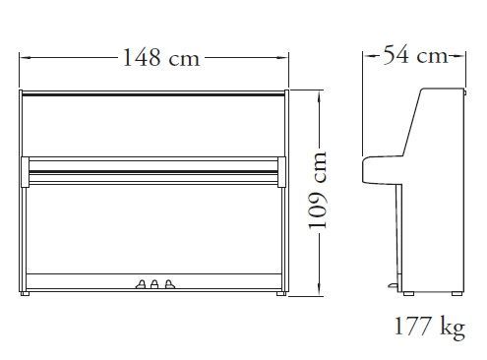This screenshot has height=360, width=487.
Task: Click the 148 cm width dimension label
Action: pyautogui.click(x=161, y=58)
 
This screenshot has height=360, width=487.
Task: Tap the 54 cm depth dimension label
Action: pyautogui.click(x=415, y=55)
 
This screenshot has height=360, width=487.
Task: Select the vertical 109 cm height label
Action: pyautogui.click(x=318, y=190)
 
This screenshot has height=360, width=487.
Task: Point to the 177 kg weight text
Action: pyautogui.click(x=429, y=327)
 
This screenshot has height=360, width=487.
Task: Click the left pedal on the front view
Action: pyautogui.click(x=141, y=284)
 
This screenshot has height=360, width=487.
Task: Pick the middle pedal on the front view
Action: pyautogui.click(x=154, y=284)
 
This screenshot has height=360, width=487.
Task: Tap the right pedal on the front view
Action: pyautogui.click(x=169, y=284)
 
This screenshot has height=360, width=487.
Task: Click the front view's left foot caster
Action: pyautogui.click(x=25, y=293)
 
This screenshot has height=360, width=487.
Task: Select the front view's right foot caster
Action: pyautogui.click(x=281, y=293)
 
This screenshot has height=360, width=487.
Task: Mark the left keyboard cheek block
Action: pyautogui.click(x=25, y=172)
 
